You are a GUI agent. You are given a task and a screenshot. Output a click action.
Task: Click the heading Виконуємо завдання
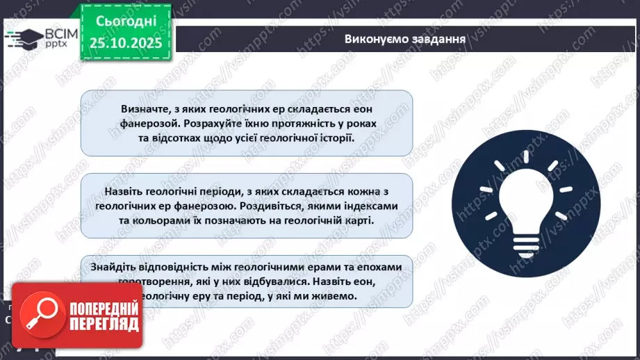coord(404,38)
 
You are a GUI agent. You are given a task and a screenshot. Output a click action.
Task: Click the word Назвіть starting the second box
coord(126,191)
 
